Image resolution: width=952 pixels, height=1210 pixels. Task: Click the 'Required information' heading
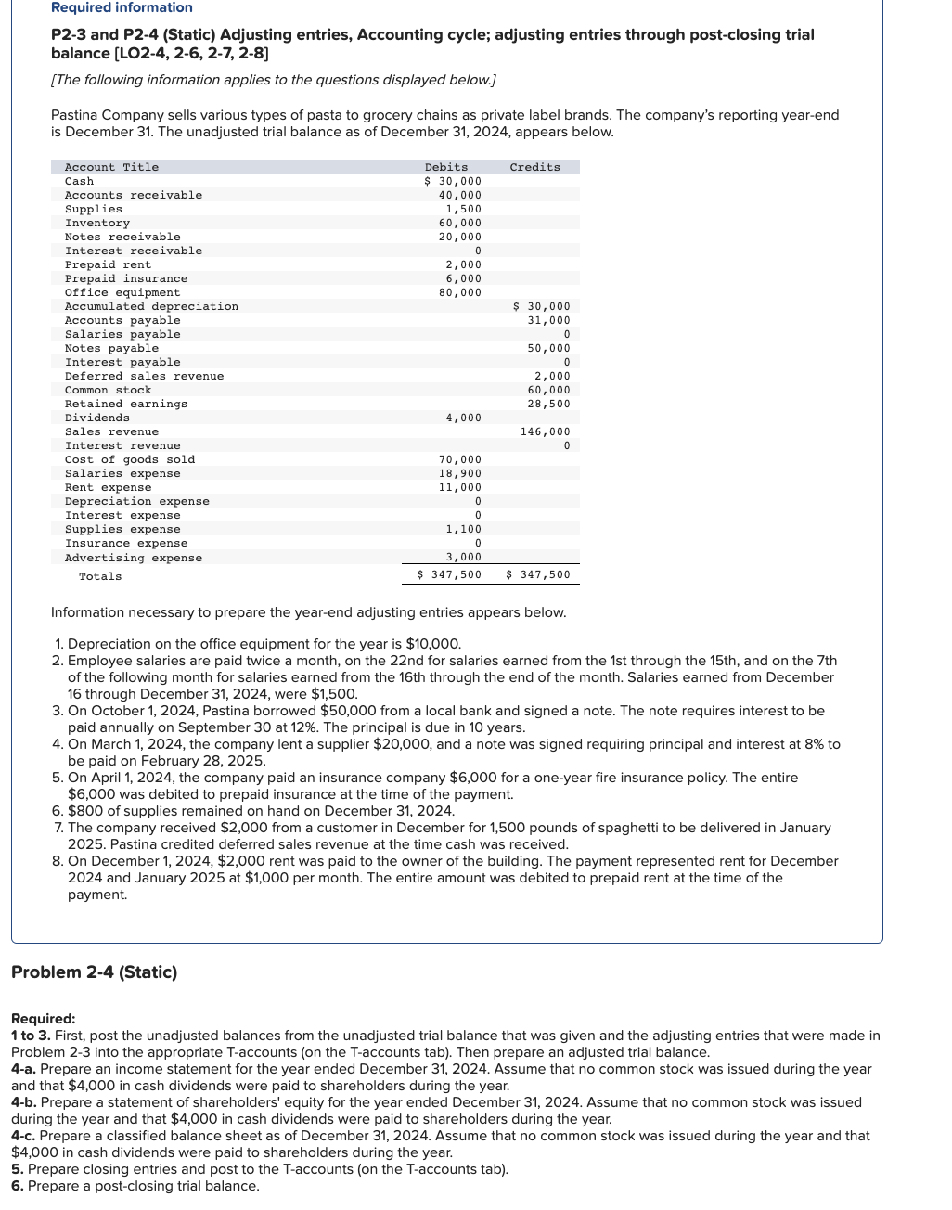(x=122, y=7)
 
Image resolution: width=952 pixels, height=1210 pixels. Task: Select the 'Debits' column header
(x=446, y=167)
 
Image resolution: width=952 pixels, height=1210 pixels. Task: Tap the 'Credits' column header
(x=534, y=167)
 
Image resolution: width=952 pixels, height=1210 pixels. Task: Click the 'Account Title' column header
(x=111, y=167)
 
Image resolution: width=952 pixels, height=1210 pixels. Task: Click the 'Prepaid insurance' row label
(x=126, y=278)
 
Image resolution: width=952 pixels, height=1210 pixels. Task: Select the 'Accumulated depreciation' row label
(x=151, y=306)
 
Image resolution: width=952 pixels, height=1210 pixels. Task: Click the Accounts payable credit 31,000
(x=548, y=320)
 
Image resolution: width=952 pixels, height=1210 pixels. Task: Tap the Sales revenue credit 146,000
(x=545, y=431)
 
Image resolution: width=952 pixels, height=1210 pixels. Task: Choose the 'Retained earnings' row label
(x=126, y=404)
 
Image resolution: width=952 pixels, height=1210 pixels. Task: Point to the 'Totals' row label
(x=100, y=576)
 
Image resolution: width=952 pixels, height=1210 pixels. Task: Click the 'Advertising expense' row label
(x=134, y=558)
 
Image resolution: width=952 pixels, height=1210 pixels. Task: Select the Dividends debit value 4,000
(x=463, y=418)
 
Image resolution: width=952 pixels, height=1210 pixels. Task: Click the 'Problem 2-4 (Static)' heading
(x=94, y=972)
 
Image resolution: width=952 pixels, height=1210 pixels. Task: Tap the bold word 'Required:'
(x=43, y=1018)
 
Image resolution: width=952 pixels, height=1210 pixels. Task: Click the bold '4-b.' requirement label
(x=24, y=1102)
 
